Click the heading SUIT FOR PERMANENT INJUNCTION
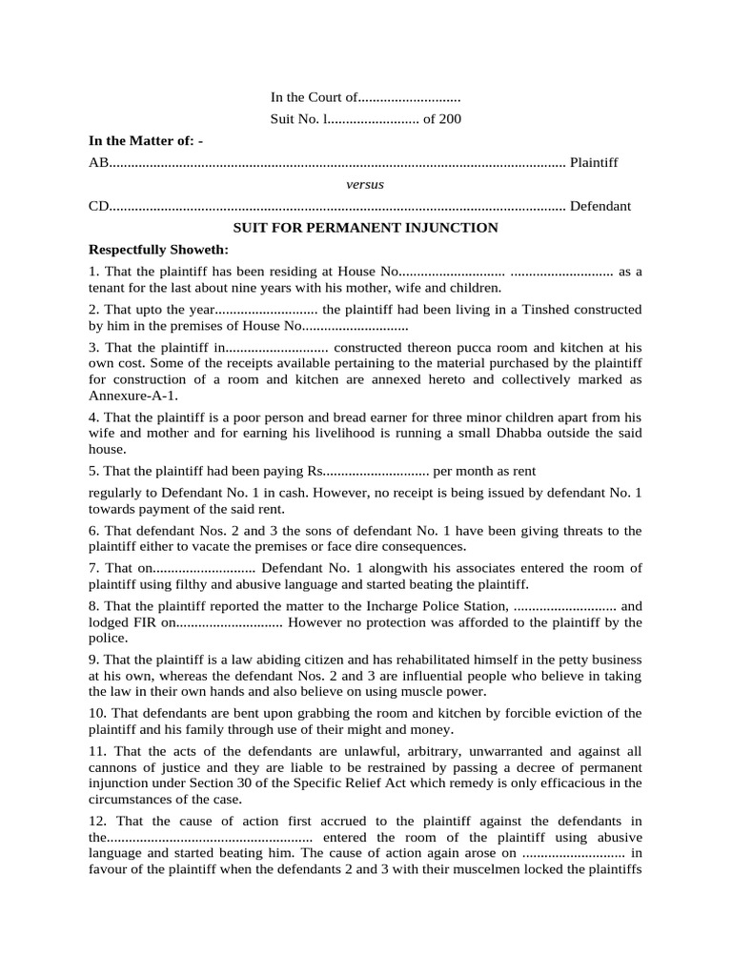[x=366, y=228]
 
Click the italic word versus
[x=365, y=184]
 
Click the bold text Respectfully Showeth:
[x=158, y=250]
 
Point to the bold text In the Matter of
[x=143, y=141]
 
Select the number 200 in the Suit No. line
[x=449, y=119]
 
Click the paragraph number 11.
[x=96, y=750]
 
